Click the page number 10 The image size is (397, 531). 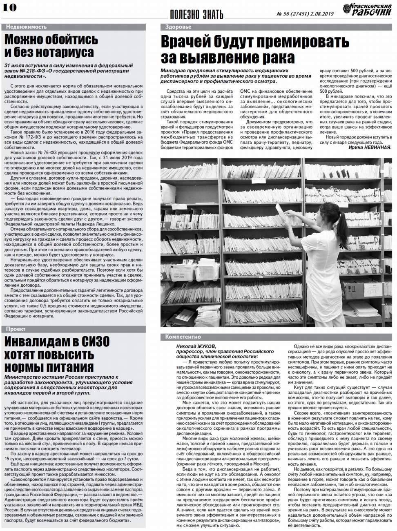click(x=9, y=7)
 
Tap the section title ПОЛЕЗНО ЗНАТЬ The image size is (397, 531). click(x=196, y=14)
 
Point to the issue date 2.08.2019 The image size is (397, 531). click(x=323, y=13)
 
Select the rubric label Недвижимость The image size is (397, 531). click(x=26, y=27)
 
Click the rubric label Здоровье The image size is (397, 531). click(x=178, y=27)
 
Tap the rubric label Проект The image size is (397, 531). click(x=16, y=329)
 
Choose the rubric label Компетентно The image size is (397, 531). click(x=183, y=337)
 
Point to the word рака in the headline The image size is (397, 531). click(x=277, y=58)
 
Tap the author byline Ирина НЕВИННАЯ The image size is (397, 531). click(x=370, y=147)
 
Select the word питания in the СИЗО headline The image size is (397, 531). click(x=69, y=367)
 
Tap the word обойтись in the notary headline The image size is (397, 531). click(x=74, y=40)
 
